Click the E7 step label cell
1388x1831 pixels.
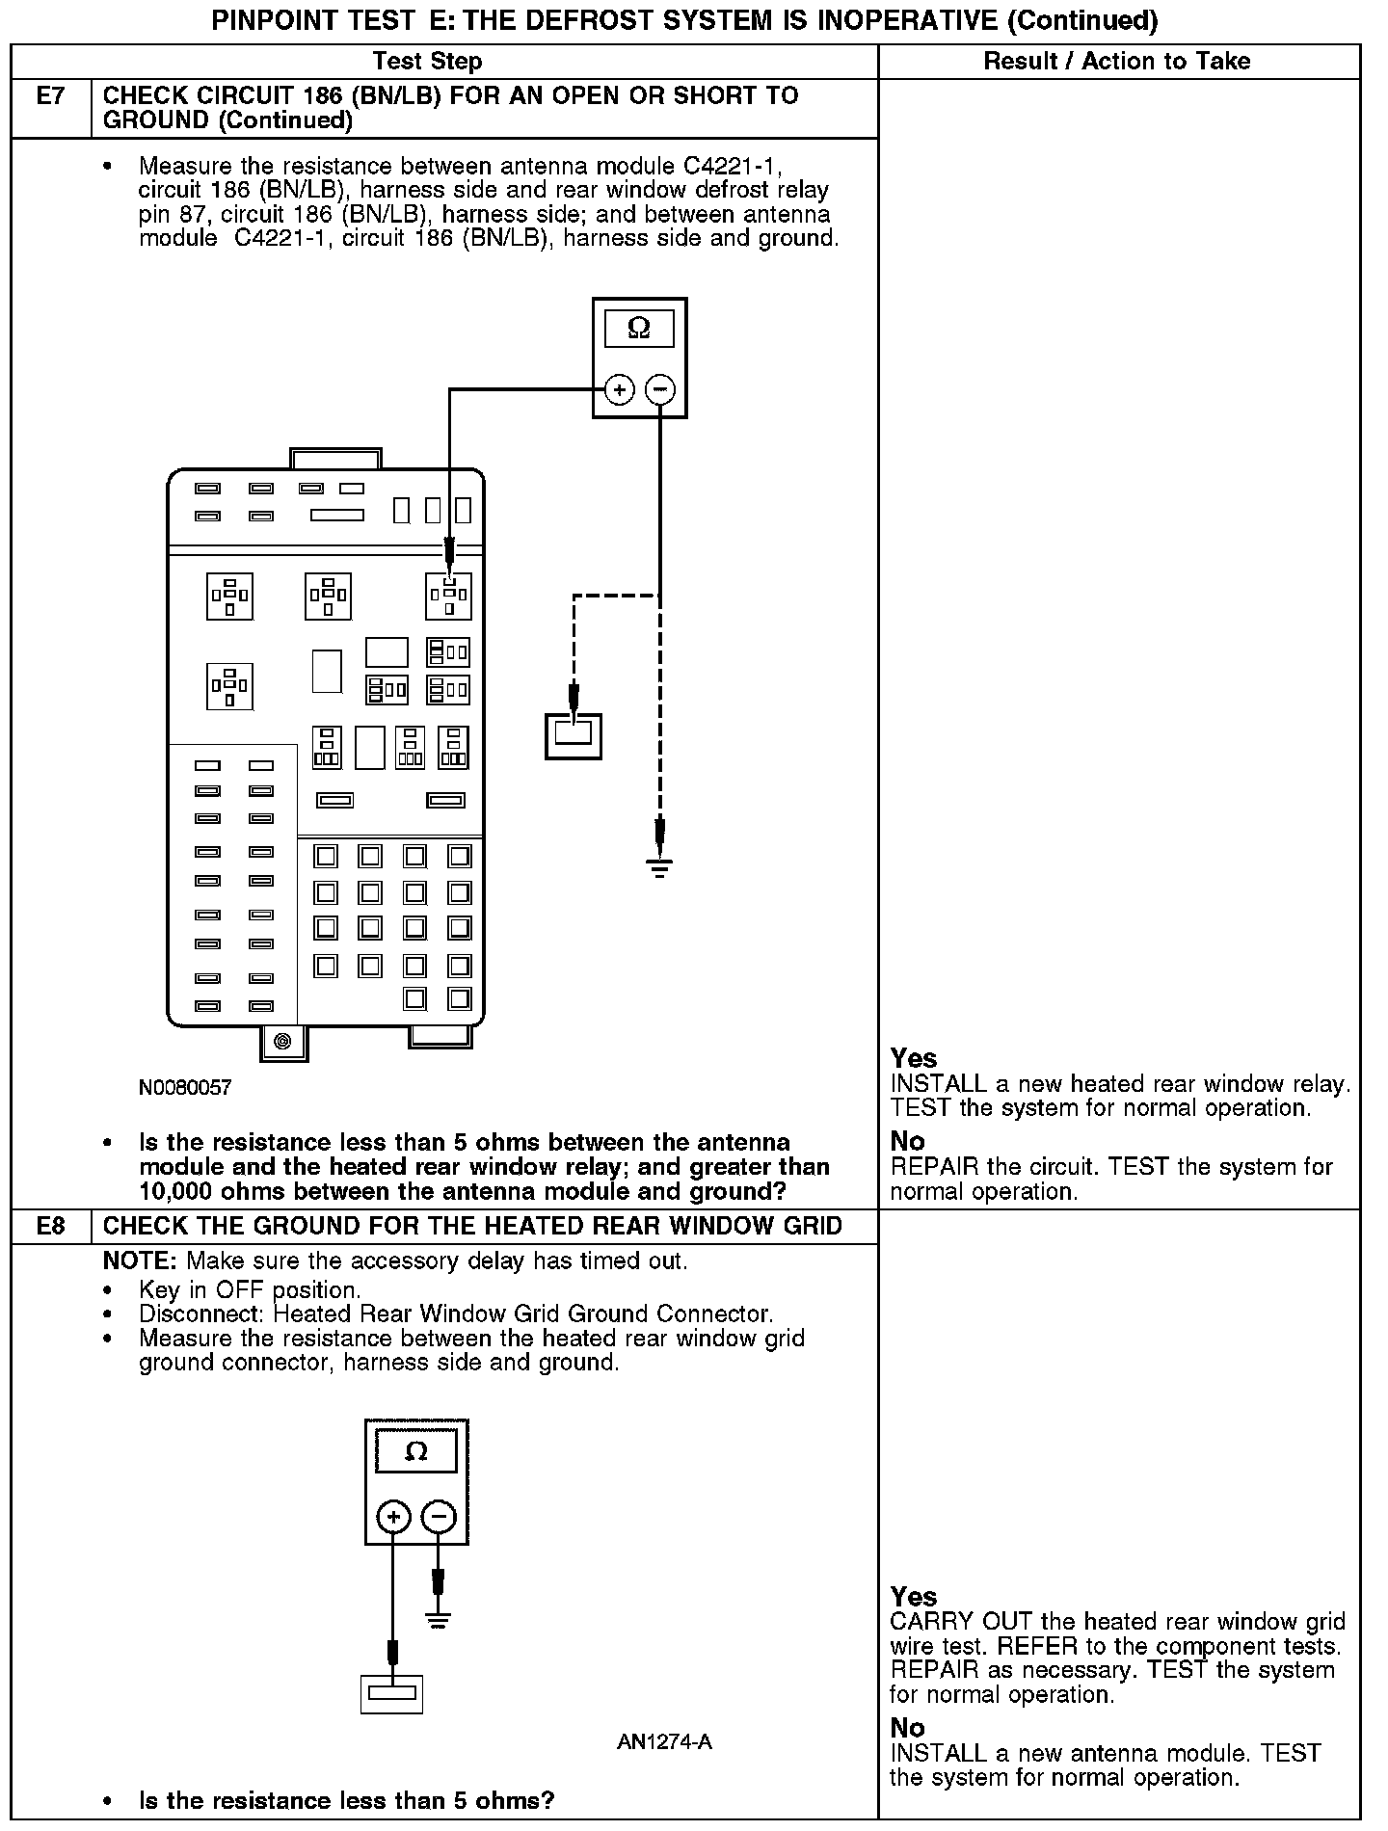(50, 108)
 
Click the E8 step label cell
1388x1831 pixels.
(50, 1226)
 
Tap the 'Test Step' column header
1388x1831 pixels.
(427, 62)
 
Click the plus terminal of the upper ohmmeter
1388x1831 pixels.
(619, 390)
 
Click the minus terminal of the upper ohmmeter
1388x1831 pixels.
(660, 390)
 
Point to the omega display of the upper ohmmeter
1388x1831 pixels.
(639, 329)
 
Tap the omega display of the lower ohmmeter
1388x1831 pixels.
(415, 1451)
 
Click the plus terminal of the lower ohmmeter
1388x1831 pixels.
(393, 1518)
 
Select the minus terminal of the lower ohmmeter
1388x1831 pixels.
(439, 1518)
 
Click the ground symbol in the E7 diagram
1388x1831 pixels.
(659, 867)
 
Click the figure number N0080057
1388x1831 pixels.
(185, 1088)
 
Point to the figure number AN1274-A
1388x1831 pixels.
(664, 1742)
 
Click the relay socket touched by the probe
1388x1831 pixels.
(449, 596)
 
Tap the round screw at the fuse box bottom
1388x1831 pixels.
(282, 1041)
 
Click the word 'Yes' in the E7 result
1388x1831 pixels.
(914, 1058)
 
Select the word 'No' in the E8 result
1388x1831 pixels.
(907, 1728)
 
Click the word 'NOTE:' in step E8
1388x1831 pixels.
(140, 1260)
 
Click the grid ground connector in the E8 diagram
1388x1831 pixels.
(391, 1693)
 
